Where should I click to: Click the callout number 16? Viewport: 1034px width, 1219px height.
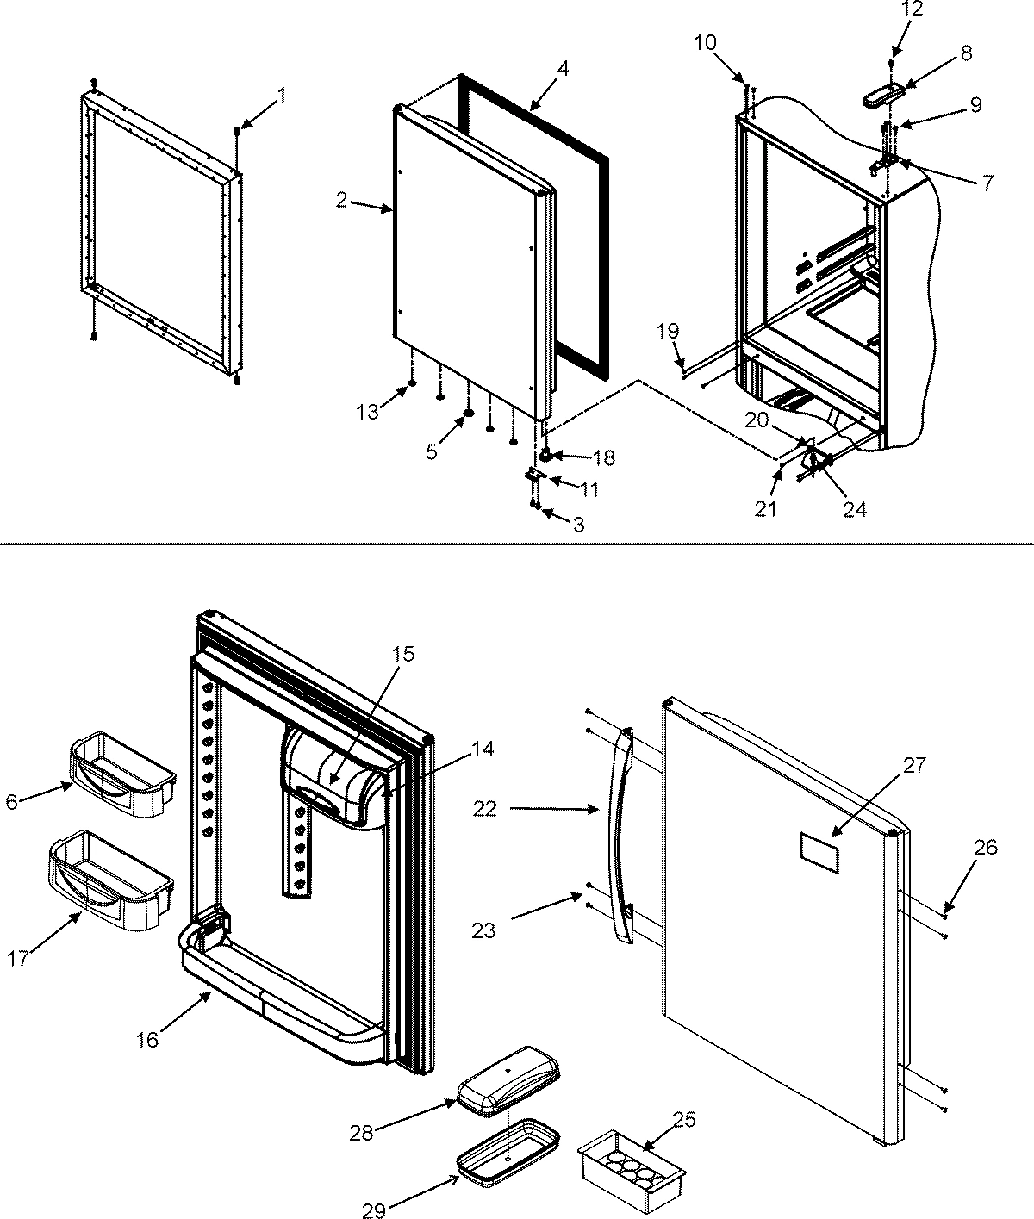[147, 1040]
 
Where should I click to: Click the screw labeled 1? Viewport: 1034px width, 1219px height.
[236, 130]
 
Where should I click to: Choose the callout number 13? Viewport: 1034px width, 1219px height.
[368, 412]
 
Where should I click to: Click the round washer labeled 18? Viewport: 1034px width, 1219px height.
[546, 455]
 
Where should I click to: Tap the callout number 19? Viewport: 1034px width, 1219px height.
[668, 330]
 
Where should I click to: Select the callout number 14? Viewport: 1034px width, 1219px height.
[483, 750]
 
